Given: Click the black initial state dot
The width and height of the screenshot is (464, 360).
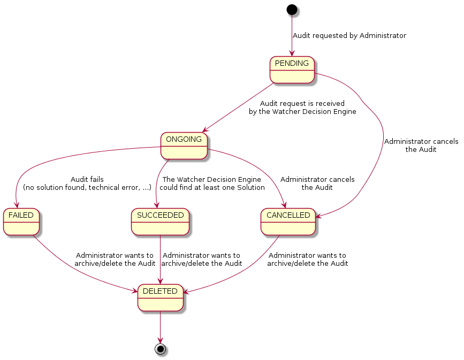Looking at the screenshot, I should [292, 9].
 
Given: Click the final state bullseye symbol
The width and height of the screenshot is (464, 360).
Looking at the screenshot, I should [160, 349].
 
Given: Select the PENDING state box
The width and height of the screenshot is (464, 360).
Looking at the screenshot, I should [292, 70].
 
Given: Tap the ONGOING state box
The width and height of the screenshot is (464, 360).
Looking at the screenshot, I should [184, 146].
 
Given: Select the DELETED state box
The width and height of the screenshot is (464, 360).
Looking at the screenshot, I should [161, 298].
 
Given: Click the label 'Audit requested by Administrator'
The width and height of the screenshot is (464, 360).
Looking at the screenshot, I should [349, 36].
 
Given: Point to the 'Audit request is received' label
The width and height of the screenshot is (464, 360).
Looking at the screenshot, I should [302, 103].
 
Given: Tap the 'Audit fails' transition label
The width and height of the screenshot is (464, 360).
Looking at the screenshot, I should [87, 180].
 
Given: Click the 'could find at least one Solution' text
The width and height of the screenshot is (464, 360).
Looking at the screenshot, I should [212, 188].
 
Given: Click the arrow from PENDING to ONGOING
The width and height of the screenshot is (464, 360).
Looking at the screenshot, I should [239, 106].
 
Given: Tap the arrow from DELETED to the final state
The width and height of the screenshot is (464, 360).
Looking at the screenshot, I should [160, 326].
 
